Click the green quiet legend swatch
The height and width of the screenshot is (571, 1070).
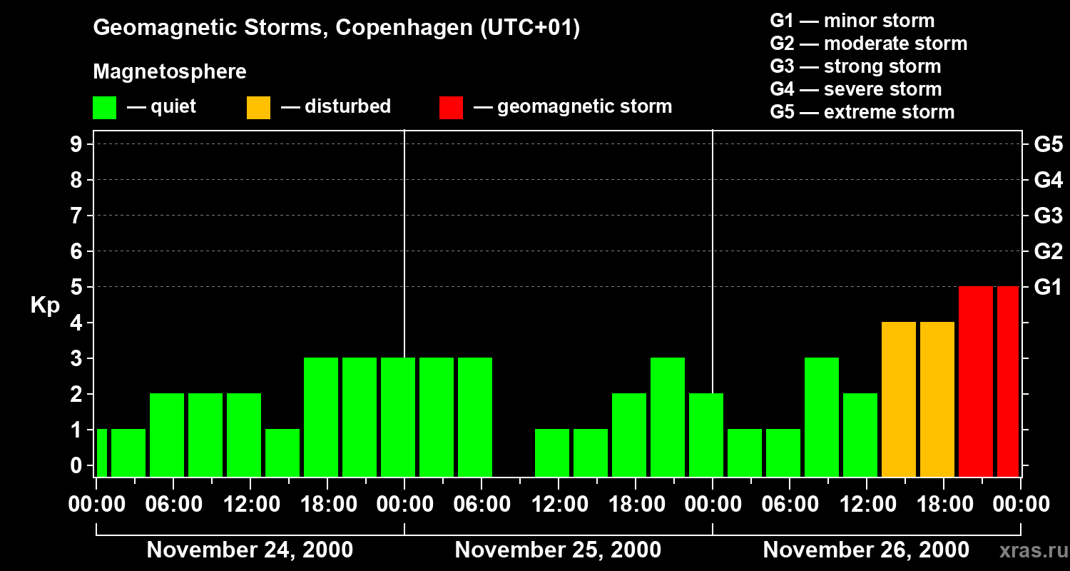click(104, 107)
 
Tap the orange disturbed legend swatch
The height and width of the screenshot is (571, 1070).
click(258, 107)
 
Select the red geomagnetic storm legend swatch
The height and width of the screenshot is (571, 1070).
click(451, 107)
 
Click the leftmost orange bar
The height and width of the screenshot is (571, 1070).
click(898, 399)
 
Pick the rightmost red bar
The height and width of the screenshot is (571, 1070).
click(1008, 381)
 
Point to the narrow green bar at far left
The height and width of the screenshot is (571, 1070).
click(101, 453)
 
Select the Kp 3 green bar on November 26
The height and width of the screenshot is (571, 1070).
click(821, 417)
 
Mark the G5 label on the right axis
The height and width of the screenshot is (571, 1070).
click(1048, 144)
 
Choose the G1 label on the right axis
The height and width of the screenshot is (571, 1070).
click(1048, 288)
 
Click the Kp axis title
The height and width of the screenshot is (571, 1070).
click(45, 305)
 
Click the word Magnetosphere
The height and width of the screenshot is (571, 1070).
click(170, 72)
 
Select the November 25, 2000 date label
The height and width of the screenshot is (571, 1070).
click(558, 550)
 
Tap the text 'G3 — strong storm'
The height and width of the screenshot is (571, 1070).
click(855, 66)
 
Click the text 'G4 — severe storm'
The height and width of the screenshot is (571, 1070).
click(856, 89)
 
